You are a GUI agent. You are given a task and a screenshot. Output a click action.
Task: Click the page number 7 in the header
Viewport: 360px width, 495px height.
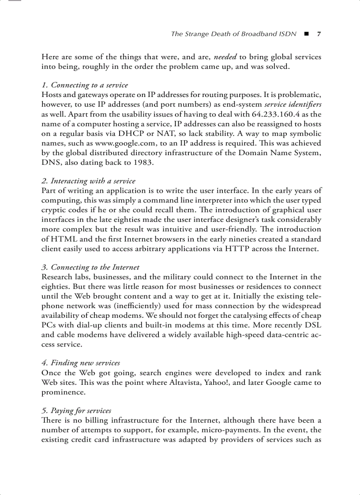click(x=319, y=34)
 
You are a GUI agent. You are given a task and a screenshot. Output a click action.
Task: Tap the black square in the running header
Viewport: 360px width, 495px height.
click(x=307, y=34)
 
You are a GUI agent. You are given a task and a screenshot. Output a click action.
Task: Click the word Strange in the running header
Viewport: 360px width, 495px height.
click(x=197, y=34)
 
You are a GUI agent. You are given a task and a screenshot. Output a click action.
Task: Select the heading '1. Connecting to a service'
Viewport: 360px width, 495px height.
click(x=85, y=85)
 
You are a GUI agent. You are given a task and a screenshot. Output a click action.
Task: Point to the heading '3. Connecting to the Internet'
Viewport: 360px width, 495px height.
click(x=90, y=267)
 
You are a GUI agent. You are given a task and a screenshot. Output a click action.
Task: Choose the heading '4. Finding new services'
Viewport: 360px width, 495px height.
click(x=81, y=363)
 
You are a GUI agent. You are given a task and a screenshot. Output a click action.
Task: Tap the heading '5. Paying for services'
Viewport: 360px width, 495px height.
click(x=76, y=410)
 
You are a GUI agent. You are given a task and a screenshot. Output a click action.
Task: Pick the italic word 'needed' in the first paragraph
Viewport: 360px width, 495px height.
click(x=225, y=57)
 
